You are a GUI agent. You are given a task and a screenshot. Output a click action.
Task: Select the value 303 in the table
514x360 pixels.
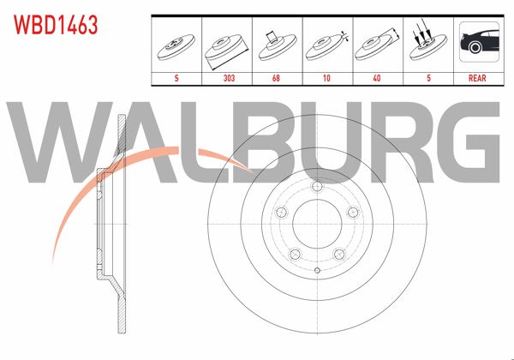click(x=228, y=76)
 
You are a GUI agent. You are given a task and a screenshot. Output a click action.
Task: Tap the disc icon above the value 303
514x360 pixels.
click(x=228, y=46)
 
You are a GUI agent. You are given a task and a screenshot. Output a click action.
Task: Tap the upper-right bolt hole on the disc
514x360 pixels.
click(x=353, y=214)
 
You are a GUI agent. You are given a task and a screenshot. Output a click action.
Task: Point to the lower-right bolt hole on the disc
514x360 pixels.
click(x=339, y=254)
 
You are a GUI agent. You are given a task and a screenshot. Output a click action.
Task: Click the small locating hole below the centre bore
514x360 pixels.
click(x=317, y=272)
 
